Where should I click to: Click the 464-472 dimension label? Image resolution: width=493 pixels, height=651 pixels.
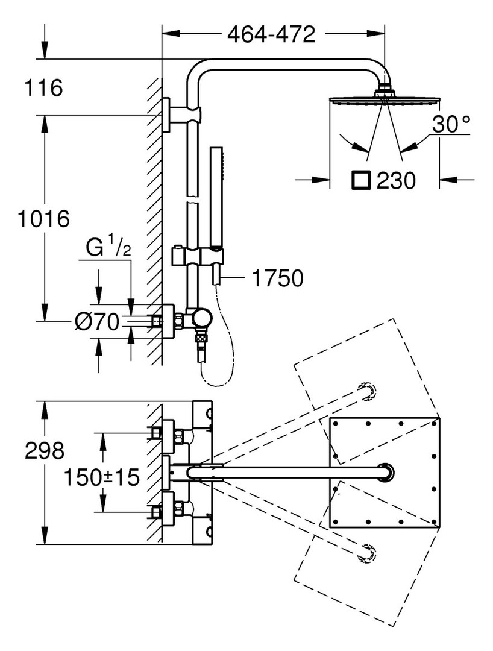tap(272, 34)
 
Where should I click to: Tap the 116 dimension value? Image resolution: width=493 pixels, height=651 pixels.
tap(43, 87)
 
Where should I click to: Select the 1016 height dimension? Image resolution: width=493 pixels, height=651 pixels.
tap(43, 218)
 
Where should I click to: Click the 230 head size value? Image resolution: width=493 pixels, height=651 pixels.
tap(395, 180)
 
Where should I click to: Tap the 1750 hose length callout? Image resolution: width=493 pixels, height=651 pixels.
tap(278, 278)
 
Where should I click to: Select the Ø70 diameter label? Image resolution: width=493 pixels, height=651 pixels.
tap(97, 321)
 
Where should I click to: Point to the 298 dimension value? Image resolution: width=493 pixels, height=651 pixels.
tap(45, 450)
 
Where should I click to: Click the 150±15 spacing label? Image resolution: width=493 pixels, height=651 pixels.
tap(101, 477)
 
